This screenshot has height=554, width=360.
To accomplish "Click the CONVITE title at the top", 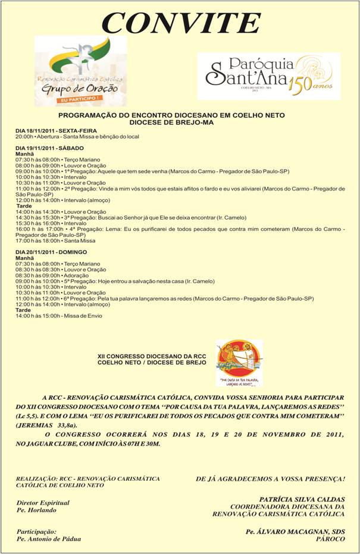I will pos(181,23).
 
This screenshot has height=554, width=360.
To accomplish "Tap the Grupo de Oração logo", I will pos(80,70).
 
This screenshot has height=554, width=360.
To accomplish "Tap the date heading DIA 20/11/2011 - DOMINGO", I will pos(51,252).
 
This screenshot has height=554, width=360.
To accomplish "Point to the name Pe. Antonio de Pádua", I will pos(49,539).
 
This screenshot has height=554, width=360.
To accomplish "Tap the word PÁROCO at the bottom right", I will pos(330,539).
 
